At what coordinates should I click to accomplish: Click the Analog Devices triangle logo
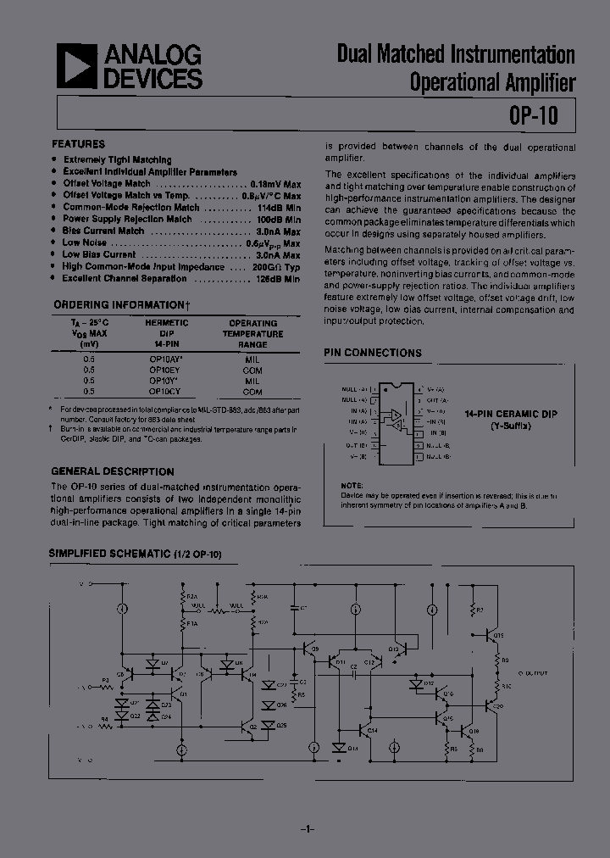(x=76, y=67)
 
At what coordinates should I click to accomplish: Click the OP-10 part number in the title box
(x=534, y=114)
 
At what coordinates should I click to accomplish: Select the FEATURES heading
(x=79, y=144)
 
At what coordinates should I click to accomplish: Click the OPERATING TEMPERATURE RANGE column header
(x=252, y=334)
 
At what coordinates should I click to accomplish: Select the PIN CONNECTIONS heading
(x=374, y=353)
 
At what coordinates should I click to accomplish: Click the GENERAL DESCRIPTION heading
(x=113, y=471)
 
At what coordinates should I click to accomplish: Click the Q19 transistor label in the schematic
(x=498, y=635)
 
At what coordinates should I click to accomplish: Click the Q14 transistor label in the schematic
(x=374, y=730)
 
